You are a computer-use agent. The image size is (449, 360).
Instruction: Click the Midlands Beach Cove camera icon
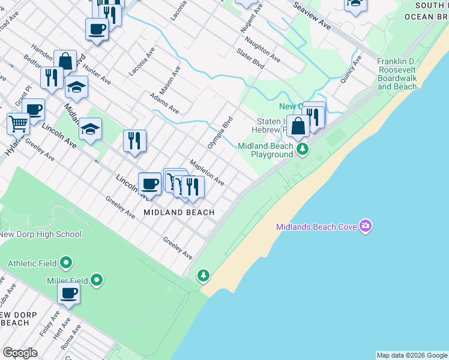tap(366, 226)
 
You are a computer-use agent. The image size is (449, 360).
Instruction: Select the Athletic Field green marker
tap(67, 263)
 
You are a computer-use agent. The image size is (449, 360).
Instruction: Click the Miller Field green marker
tap(97, 280)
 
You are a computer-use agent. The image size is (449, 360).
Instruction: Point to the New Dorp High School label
tap(40, 234)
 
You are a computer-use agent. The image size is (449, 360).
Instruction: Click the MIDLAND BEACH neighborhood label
tap(179, 212)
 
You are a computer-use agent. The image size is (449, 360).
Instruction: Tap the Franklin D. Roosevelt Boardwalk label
tap(397, 74)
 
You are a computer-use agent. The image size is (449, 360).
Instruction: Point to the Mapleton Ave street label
tap(206, 172)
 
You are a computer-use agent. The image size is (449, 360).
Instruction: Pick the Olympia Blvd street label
tap(219, 133)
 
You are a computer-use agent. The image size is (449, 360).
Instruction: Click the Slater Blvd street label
tap(250, 58)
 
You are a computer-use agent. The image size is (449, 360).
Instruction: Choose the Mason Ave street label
tap(173, 78)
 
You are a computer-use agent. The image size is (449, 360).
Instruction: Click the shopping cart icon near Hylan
tap(19, 124)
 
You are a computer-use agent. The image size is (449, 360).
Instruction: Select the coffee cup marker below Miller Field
tap(68, 293)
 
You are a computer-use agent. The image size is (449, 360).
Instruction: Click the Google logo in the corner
tap(20, 353)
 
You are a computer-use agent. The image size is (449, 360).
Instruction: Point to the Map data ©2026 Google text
tap(412, 355)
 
